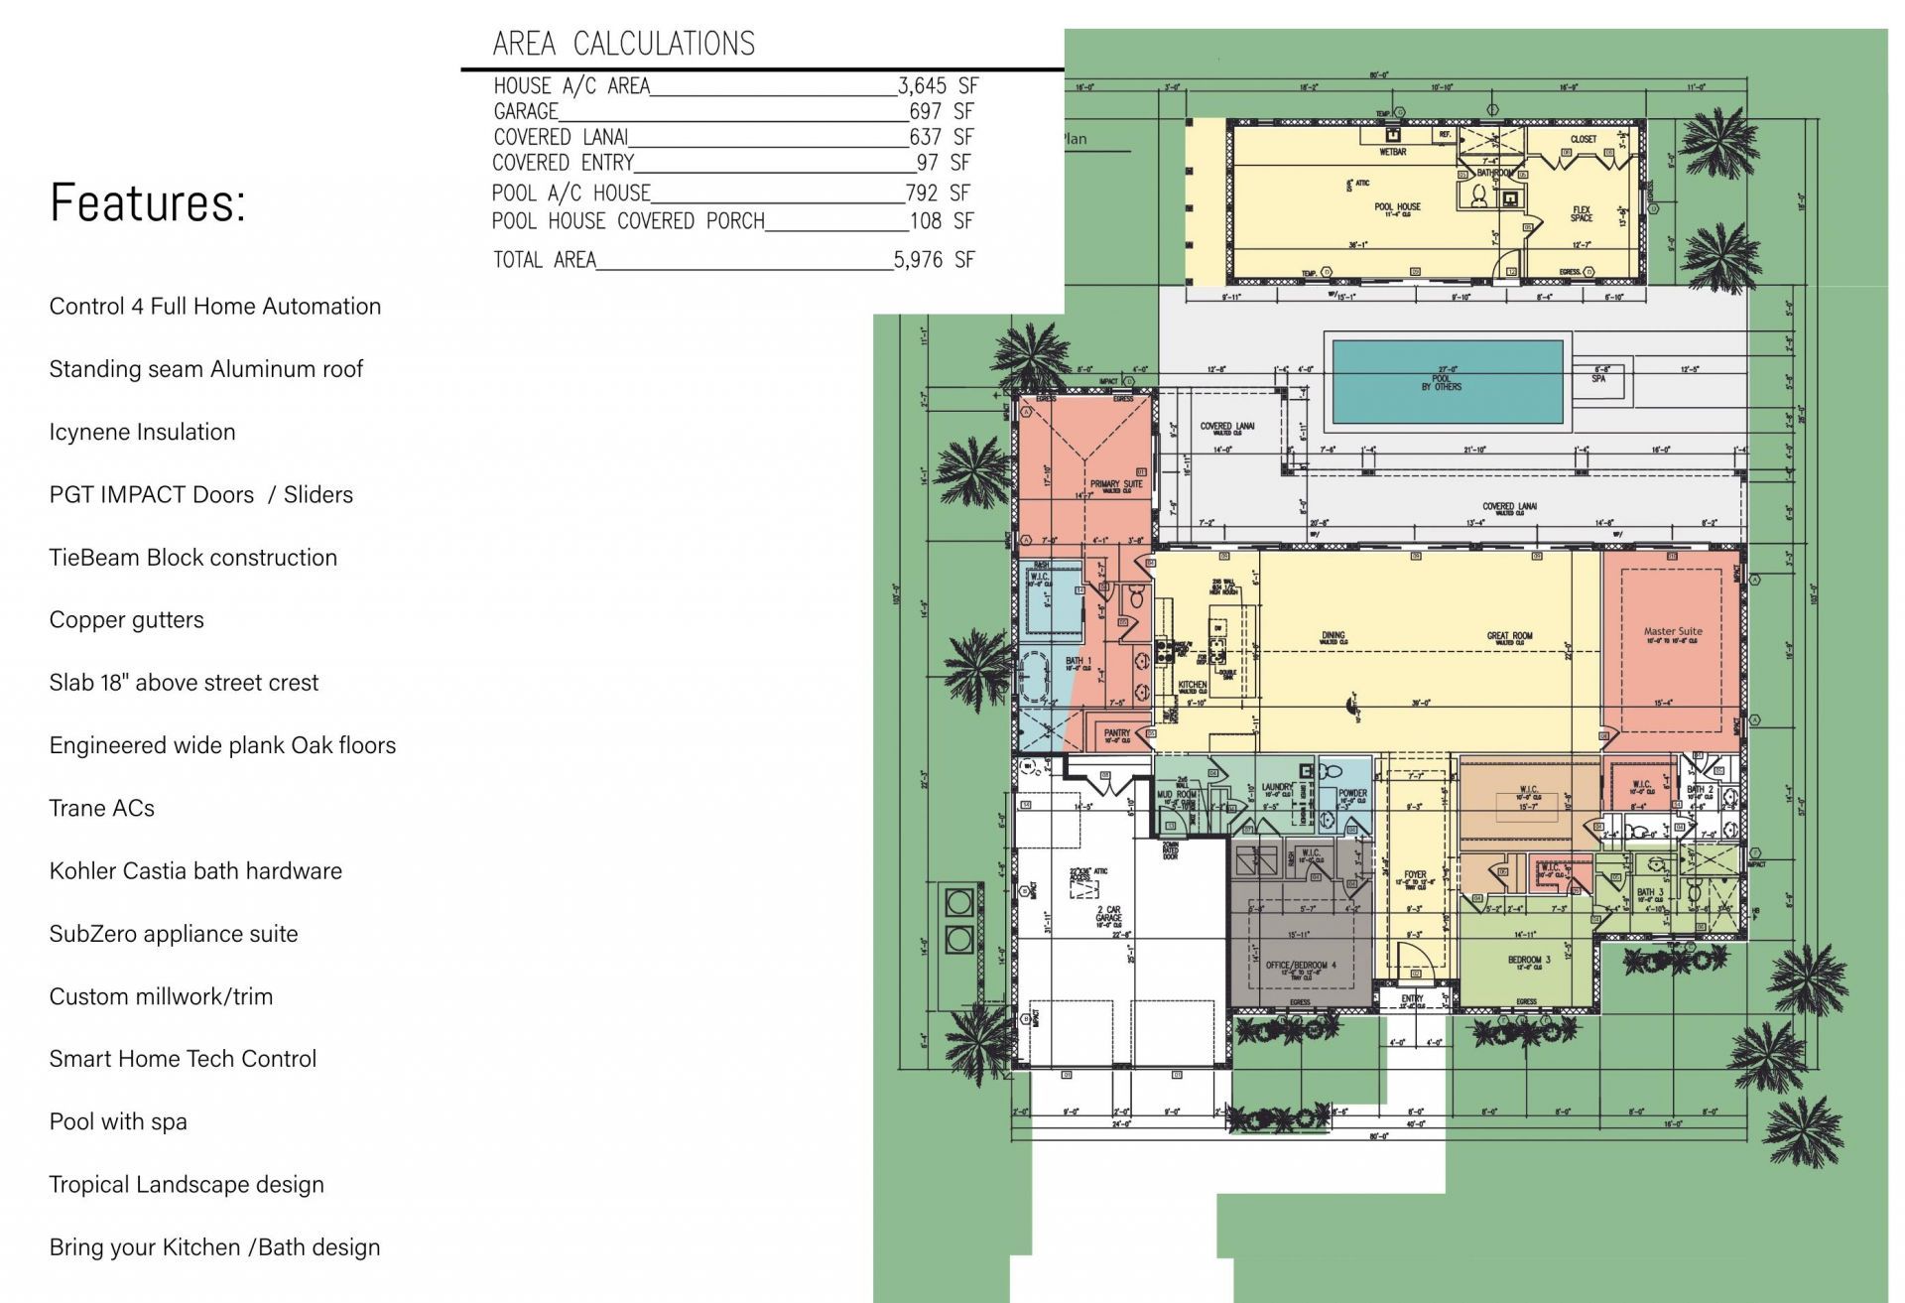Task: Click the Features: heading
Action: pos(148,203)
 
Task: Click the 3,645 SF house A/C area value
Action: pos(938,86)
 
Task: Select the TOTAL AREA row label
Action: pos(545,260)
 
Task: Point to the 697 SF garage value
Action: pos(941,111)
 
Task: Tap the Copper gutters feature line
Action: pos(126,620)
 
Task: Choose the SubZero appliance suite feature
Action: pos(174,934)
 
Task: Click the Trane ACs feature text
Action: pos(102,809)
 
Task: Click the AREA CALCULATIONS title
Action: pos(623,44)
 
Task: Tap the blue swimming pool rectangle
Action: pos(1447,382)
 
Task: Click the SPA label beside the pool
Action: pos(1598,378)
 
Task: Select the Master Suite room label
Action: pos(1672,631)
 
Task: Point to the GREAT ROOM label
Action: pos(1509,636)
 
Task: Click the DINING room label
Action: pos(1333,635)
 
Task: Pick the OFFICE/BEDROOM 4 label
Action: pos(1300,965)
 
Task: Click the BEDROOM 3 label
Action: pos(1528,960)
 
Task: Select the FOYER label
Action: pos(1415,875)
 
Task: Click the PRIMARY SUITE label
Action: pos(1116,484)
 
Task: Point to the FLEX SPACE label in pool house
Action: pos(1582,213)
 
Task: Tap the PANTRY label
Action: pos(1116,733)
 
